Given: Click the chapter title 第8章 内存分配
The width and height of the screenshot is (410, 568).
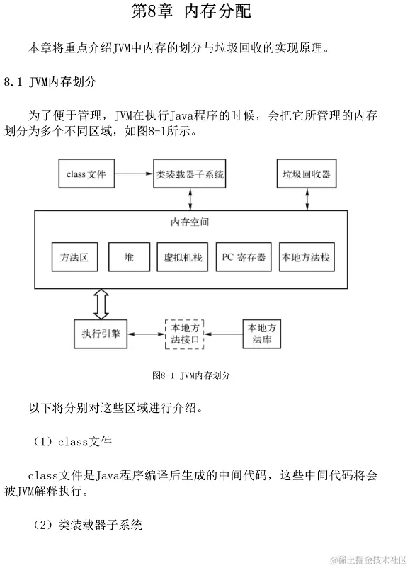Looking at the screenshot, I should (191, 12).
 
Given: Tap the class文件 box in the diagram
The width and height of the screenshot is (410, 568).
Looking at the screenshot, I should (86, 174).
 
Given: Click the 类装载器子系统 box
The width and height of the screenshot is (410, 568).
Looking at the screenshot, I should (189, 174).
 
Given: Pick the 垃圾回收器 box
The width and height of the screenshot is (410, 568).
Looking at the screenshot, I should (307, 174).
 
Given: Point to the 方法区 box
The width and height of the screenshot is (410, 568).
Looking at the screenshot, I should (74, 257).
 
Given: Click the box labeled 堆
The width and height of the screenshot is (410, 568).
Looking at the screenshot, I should (129, 257).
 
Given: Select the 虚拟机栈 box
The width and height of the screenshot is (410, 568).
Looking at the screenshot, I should (183, 257).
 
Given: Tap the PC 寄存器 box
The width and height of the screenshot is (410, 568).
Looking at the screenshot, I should (244, 257).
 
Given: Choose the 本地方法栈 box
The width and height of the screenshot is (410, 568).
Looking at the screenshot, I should (306, 257).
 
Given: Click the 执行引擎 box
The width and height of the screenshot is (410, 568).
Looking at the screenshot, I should (100, 333).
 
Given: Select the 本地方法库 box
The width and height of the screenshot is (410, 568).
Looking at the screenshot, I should (262, 333).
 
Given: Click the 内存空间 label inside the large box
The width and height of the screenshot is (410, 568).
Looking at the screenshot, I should (190, 222).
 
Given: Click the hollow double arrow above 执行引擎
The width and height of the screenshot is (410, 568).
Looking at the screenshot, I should (101, 304).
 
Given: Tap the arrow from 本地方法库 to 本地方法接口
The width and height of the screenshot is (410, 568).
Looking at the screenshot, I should (223, 333).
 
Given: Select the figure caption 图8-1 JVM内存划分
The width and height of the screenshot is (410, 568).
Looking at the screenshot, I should (191, 375).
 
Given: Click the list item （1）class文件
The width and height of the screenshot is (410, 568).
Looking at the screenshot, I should (72, 441).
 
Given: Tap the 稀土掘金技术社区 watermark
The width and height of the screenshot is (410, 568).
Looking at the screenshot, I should (366, 558).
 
